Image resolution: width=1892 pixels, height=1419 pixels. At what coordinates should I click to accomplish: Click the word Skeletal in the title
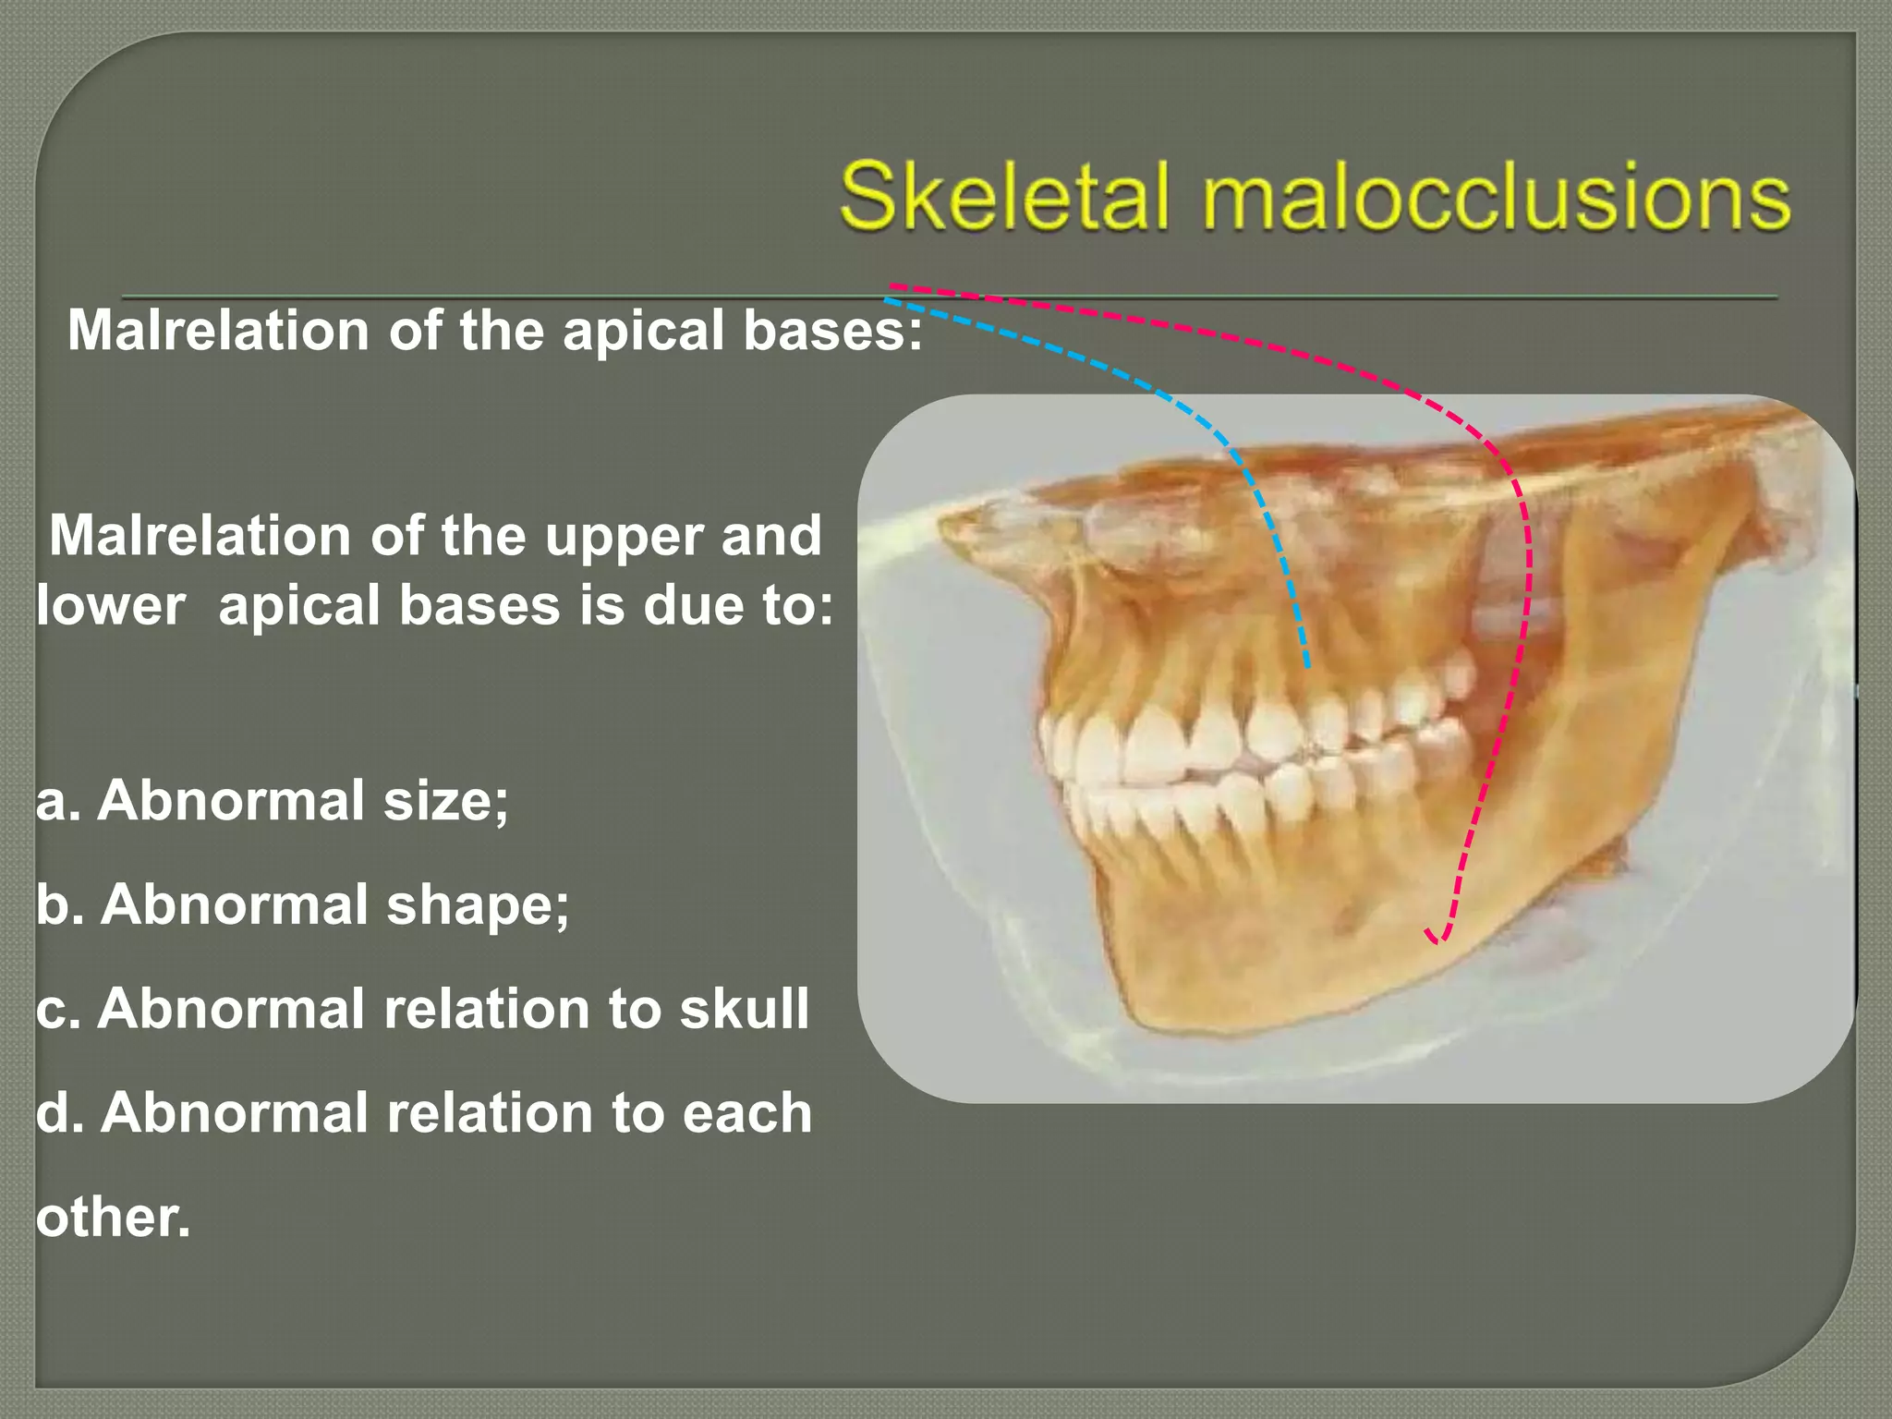pos(1005,197)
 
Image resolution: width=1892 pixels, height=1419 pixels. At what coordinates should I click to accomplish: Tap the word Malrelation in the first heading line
pos(218,330)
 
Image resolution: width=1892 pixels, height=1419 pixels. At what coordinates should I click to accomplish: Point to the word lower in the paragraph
pos(111,606)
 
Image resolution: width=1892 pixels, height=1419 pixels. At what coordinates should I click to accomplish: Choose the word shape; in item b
pos(478,904)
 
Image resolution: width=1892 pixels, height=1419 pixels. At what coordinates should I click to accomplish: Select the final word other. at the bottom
pos(113,1217)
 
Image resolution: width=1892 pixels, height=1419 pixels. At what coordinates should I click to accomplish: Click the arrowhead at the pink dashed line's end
pos(1437,938)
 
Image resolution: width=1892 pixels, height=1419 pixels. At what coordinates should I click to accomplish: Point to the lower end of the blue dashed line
pos(1307,663)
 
